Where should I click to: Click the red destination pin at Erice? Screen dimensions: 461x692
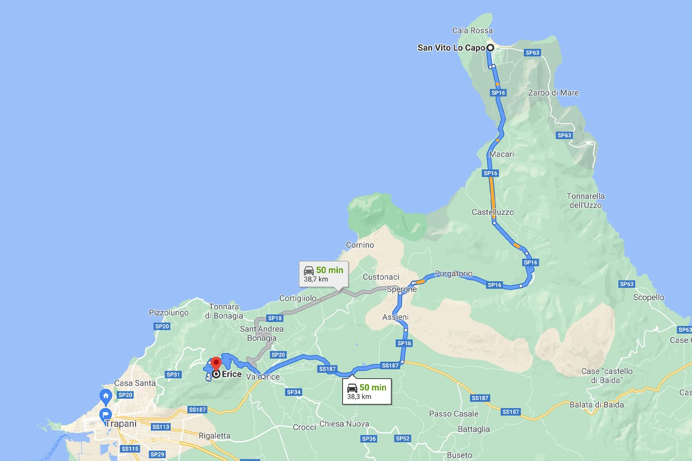[x=216, y=364]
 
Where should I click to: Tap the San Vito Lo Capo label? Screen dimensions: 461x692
[x=451, y=48]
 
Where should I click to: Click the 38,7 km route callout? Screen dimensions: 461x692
[x=323, y=274]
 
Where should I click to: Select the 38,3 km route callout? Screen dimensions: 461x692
[x=367, y=391]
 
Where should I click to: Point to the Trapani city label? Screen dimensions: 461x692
[x=121, y=424]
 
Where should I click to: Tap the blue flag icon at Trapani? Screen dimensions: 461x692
[x=105, y=414]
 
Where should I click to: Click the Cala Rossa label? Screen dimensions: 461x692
[x=472, y=31]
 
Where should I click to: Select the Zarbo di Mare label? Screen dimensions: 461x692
[x=553, y=93]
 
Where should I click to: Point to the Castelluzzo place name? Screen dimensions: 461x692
[x=493, y=212]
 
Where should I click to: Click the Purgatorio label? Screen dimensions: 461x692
[x=453, y=274]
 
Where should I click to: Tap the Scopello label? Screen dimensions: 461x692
[x=648, y=297]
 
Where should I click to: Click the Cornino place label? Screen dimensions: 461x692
[x=360, y=245]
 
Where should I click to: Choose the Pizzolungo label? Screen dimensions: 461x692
[x=169, y=313]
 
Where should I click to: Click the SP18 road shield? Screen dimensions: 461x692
[x=275, y=318]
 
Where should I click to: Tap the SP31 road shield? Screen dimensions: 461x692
[x=173, y=375]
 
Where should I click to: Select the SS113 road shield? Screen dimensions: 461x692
[x=161, y=427]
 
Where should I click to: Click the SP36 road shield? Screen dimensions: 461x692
[x=369, y=438]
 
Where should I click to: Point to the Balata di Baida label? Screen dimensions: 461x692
[x=596, y=404]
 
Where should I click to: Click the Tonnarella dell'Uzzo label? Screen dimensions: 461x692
[x=585, y=200]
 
